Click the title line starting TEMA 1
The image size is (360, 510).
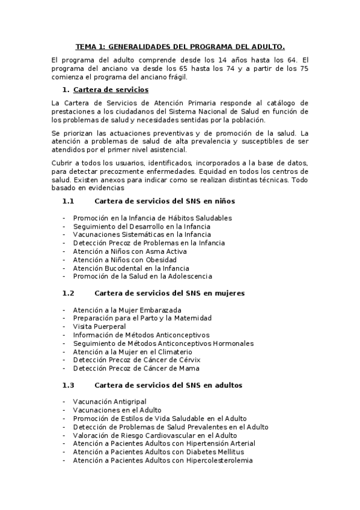coord(180,46)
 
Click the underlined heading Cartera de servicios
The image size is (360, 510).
coord(111,90)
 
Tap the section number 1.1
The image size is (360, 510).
coord(68,201)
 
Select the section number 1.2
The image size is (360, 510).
coord(68,293)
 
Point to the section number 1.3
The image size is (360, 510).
coord(68,385)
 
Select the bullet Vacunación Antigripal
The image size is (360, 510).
coord(109,401)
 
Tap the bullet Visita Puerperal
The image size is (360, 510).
coord(99,326)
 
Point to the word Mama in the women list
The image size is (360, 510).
coord(189,368)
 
